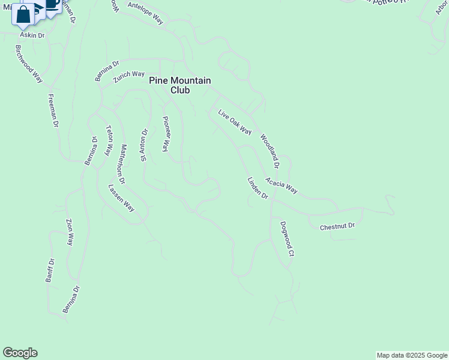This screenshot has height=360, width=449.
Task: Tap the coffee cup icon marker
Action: (x=52, y=5)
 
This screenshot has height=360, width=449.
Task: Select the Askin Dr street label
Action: (x=32, y=35)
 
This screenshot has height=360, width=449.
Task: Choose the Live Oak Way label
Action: (x=234, y=122)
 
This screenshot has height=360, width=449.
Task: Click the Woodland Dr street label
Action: (x=270, y=151)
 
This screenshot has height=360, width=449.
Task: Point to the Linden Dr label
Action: (x=257, y=188)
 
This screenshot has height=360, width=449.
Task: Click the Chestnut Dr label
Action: (x=337, y=226)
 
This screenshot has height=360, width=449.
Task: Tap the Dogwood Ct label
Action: (x=286, y=239)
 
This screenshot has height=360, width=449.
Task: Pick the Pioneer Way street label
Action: (x=167, y=133)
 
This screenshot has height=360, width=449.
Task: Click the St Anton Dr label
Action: (x=144, y=145)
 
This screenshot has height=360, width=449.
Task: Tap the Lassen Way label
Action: (x=121, y=197)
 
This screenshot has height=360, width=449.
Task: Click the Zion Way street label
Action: (x=70, y=232)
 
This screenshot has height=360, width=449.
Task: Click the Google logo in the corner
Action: (x=20, y=353)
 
